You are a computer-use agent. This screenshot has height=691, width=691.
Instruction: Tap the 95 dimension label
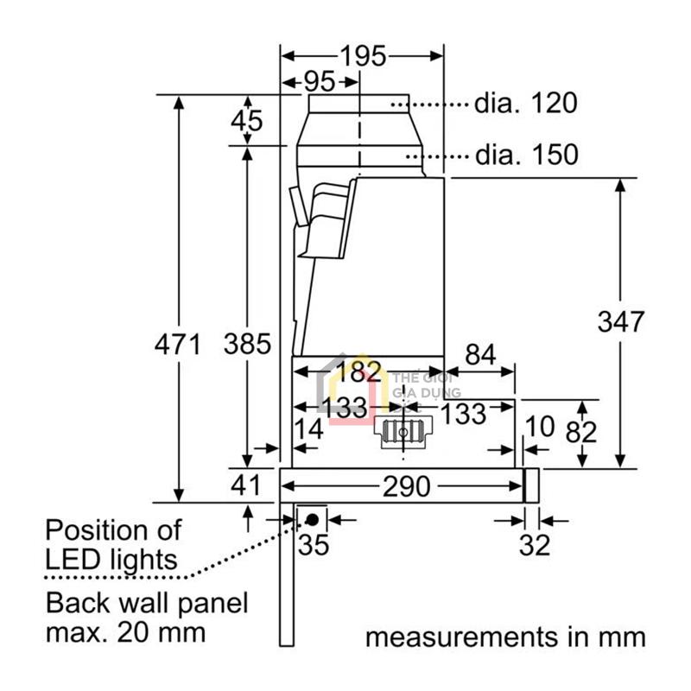pos(319,83)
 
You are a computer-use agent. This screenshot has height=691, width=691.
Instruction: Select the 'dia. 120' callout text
pos(525,104)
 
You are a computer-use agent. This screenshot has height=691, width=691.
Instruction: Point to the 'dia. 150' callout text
pos(525,155)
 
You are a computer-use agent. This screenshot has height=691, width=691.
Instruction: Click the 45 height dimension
pos(246,121)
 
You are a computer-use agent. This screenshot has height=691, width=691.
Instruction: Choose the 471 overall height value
pos(177,345)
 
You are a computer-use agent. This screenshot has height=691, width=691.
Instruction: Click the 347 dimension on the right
pos(620,321)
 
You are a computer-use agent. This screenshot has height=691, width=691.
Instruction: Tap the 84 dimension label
pos(482,354)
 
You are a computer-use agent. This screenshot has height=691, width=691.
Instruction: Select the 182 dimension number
pos(358,373)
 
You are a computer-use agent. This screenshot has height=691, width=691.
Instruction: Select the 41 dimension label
pos(246,485)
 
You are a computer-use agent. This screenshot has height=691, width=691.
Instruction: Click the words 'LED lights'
pos(111,558)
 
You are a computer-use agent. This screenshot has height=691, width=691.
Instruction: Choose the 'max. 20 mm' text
pos(126,631)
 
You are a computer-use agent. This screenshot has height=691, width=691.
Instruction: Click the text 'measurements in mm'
pos(505,637)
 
